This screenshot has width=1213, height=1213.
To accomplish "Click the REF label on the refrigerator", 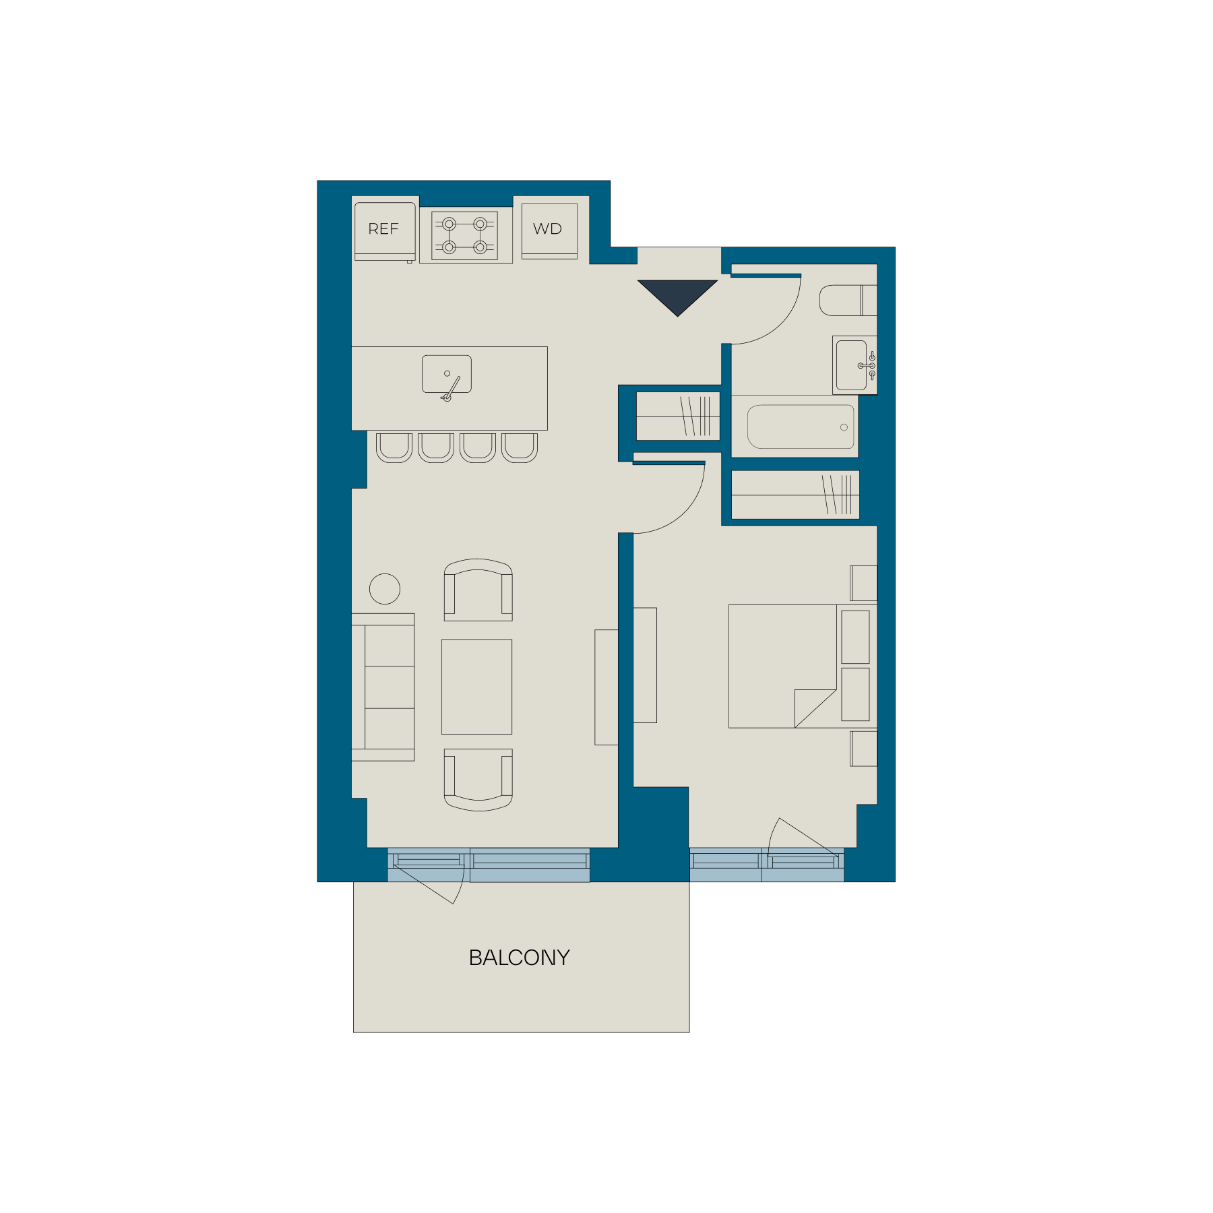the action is click(383, 229).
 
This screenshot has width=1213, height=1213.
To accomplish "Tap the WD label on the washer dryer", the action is click(547, 229).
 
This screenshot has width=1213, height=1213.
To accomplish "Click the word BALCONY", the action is click(519, 958).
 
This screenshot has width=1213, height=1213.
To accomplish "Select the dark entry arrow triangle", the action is click(677, 295).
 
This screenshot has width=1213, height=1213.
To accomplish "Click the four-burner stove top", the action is click(465, 236).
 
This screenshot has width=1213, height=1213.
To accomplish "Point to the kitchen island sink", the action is click(447, 375).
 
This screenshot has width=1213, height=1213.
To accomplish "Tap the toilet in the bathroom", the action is click(848, 301).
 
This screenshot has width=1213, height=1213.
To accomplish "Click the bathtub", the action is click(801, 427).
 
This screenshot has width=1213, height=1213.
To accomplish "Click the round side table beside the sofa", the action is click(385, 589).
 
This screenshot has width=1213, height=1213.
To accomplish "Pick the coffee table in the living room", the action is click(476, 687).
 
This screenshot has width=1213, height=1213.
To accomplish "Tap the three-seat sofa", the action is click(383, 687).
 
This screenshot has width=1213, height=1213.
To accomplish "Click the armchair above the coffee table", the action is click(478, 590).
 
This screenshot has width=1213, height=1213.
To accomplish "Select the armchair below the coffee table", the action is click(478, 780).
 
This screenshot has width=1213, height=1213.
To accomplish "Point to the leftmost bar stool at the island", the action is click(394, 447).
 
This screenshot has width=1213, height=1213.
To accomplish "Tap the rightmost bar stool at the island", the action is click(520, 447).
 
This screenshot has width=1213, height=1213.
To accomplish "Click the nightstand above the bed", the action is click(864, 583).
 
